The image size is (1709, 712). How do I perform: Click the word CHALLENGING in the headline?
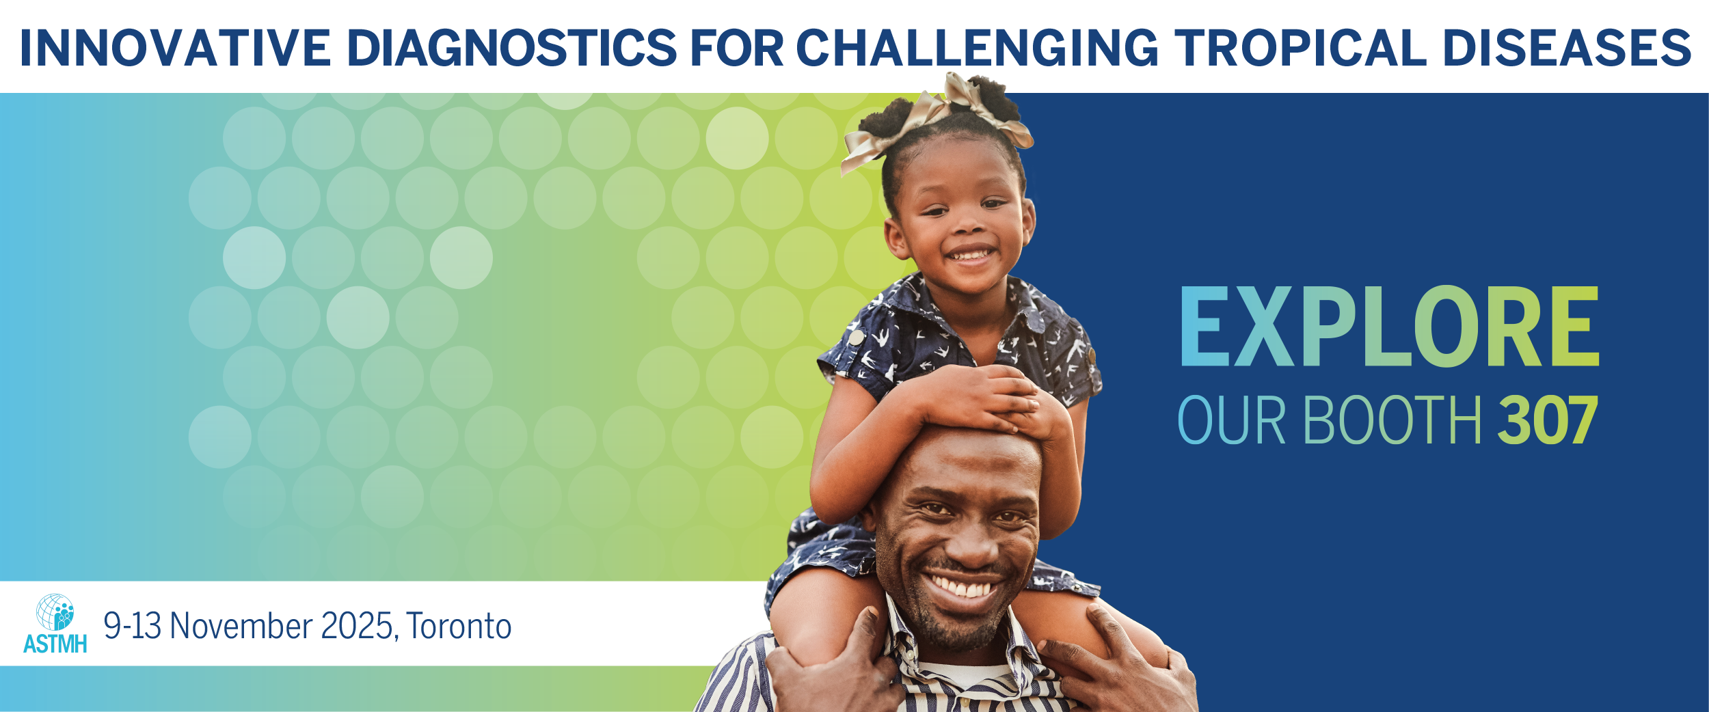click(x=977, y=48)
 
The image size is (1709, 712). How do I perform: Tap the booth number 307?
click(x=1548, y=420)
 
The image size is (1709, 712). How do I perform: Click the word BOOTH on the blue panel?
click(x=1392, y=420)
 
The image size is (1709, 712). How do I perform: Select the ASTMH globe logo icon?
click(x=55, y=612)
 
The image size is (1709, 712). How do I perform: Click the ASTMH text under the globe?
click(x=55, y=644)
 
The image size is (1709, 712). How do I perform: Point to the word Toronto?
click(x=459, y=626)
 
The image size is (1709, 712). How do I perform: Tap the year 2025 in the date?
click(x=357, y=626)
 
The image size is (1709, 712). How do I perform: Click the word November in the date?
click(x=241, y=626)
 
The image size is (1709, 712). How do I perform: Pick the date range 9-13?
click(x=132, y=626)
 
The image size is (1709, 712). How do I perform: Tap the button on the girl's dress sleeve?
click(x=855, y=337)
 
